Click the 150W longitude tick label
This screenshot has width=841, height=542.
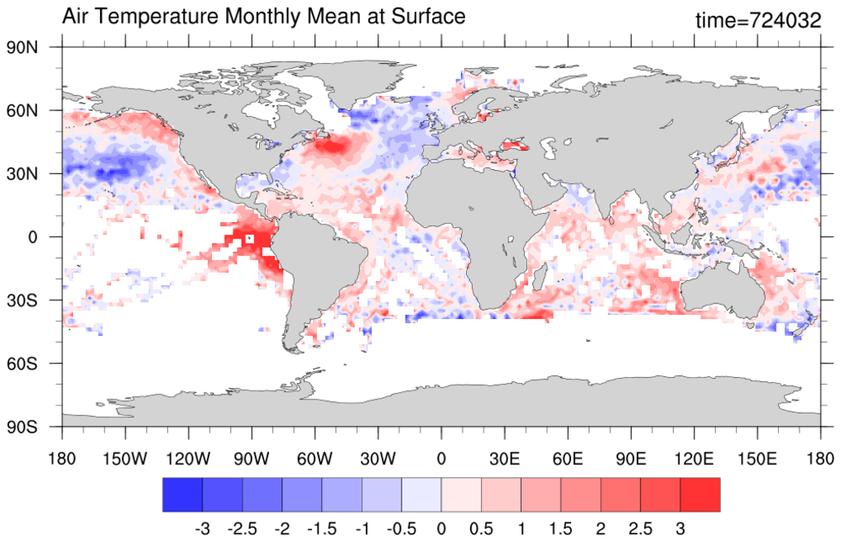tap(125, 459)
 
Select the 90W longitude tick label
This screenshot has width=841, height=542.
tap(252, 459)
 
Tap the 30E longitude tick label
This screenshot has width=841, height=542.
tap(504, 459)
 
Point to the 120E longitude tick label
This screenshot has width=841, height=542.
tap(694, 459)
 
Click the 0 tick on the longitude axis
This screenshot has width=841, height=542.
tap(441, 459)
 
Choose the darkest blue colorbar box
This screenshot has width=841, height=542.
tap(182, 495)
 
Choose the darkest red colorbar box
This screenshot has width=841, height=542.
tap(699, 495)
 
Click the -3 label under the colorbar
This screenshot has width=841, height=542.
tap(200, 528)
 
